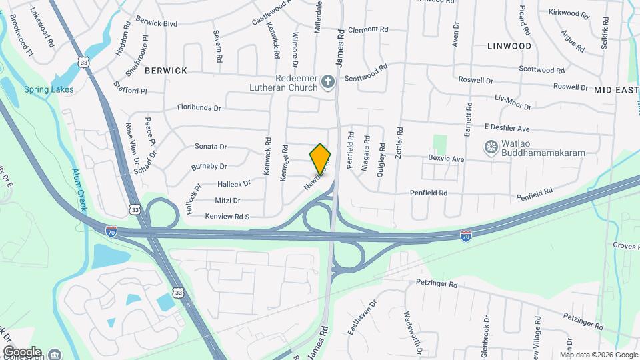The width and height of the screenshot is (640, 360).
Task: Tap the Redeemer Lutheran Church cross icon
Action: [x=327, y=81]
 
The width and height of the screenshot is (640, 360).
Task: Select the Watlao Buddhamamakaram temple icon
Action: [x=491, y=147]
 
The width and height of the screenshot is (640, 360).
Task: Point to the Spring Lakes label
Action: [x=49, y=89]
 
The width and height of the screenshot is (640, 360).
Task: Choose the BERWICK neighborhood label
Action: [x=165, y=70]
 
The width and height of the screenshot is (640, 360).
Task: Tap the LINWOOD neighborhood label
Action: [x=509, y=46]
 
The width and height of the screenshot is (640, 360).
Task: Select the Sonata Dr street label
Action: [x=211, y=147]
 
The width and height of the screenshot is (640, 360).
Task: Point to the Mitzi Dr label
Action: [x=227, y=200]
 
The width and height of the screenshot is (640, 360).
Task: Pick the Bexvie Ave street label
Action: [x=446, y=159]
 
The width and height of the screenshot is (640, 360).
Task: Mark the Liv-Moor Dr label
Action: [x=513, y=102]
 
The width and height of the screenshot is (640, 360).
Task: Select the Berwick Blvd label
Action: [x=156, y=23]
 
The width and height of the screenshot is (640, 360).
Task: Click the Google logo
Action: [x=22, y=351]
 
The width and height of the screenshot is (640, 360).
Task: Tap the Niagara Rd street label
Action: [x=366, y=153]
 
